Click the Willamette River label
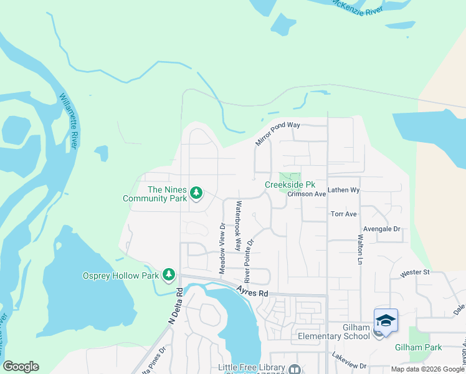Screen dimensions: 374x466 [x=69, y=121]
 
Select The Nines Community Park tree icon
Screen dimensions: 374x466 [x=196, y=194]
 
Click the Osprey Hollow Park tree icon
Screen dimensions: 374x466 [x=168, y=275]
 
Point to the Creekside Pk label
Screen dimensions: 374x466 [x=290, y=185]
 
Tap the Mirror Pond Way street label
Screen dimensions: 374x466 [x=278, y=133]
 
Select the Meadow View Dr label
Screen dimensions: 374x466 [x=222, y=247]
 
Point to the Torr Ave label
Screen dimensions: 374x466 [x=343, y=214]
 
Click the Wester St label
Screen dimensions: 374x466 [x=416, y=272]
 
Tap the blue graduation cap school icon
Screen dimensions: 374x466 [x=386, y=320]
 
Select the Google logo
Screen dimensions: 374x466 [x=21, y=367]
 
